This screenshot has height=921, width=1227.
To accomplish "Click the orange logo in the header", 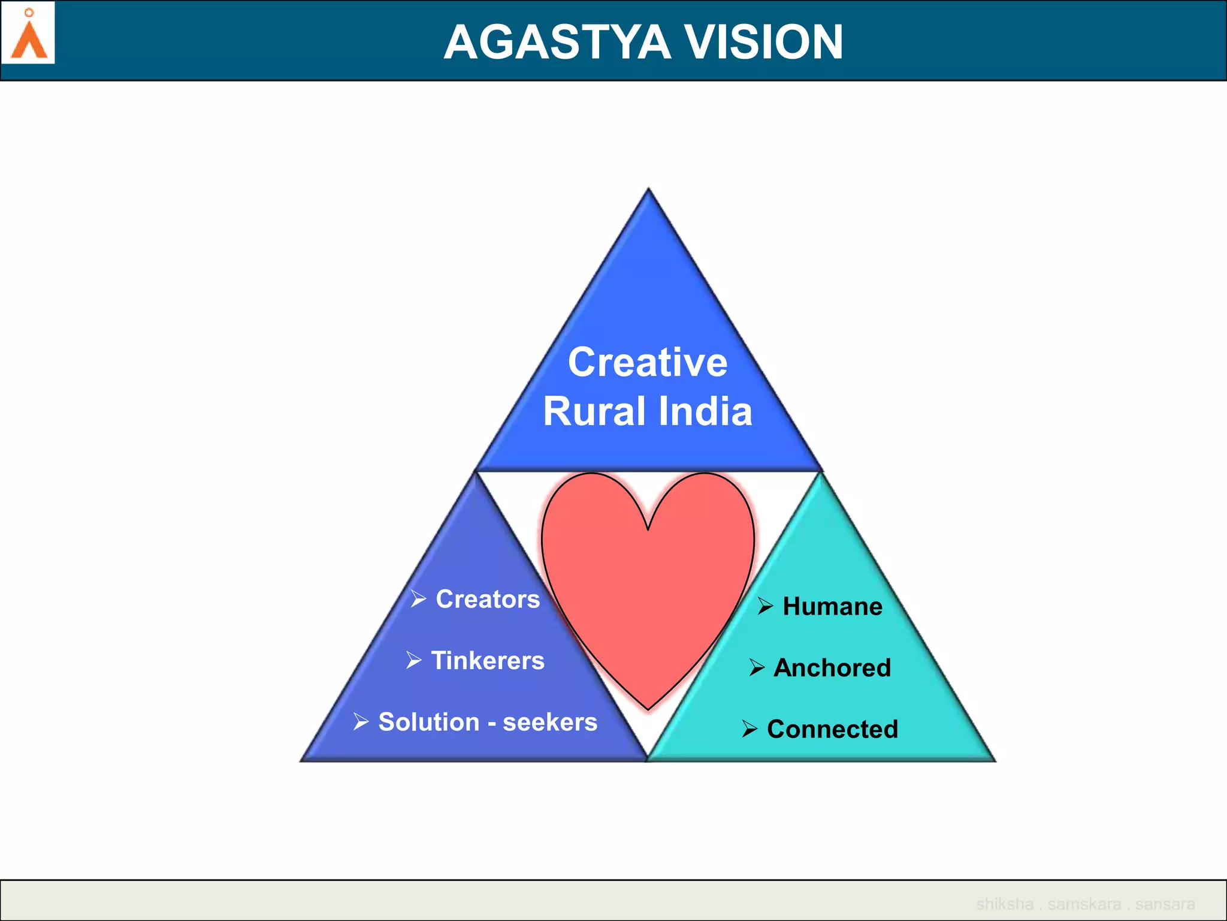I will click(29, 35).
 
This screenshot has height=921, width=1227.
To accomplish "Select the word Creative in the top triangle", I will click(648, 362).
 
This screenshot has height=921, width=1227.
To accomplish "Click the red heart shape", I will click(648, 588).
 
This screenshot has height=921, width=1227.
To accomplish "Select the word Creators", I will click(488, 599).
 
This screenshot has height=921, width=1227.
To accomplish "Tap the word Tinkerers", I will click(488, 660).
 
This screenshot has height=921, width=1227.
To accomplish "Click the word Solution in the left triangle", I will click(429, 722).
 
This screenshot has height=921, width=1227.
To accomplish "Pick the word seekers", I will click(550, 722).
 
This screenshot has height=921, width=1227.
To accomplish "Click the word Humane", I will click(832, 606).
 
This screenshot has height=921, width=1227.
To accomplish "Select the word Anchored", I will click(832, 667).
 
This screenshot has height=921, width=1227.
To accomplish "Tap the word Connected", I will click(832, 729).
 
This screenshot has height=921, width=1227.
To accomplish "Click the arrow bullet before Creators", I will click(418, 598).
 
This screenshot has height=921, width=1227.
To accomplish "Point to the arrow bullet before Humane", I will click(765, 606).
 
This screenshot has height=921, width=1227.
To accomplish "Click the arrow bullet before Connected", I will click(750, 729).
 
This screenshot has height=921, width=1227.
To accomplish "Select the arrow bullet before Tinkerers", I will click(413, 660).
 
